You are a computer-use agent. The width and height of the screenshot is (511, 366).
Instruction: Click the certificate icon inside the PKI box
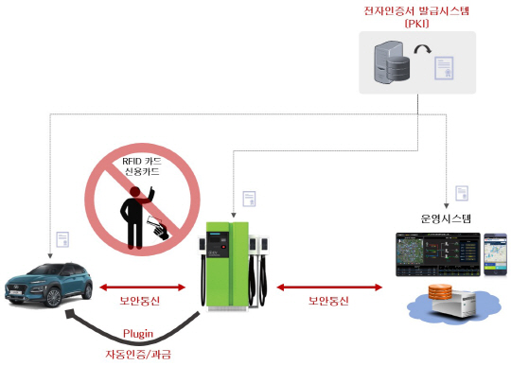click(x=447, y=69)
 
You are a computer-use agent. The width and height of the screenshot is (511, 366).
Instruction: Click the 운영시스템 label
click(x=446, y=218)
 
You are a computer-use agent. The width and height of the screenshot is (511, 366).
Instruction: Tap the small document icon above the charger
click(x=249, y=198)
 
